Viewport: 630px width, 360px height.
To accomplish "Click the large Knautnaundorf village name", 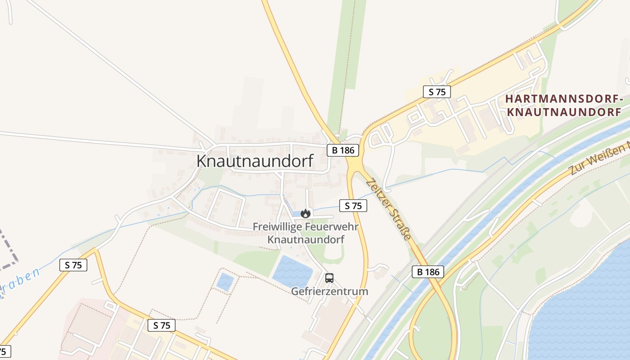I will (x=255, y=161).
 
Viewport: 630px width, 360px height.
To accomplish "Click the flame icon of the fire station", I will (x=306, y=213).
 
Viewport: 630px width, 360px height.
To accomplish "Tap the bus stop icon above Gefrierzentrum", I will (x=329, y=278).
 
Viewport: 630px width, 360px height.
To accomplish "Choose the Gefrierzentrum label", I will (x=329, y=291).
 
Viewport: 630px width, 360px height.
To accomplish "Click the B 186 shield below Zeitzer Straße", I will (x=428, y=271).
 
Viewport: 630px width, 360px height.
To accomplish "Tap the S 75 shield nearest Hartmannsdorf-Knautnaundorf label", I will (x=437, y=92).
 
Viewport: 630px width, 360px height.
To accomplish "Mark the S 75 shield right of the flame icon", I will (x=353, y=206).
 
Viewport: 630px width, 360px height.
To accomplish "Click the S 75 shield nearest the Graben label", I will (x=73, y=265).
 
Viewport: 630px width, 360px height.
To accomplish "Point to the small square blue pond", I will (x=225, y=282).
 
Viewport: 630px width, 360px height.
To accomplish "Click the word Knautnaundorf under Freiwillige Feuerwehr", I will (x=306, y=239).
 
